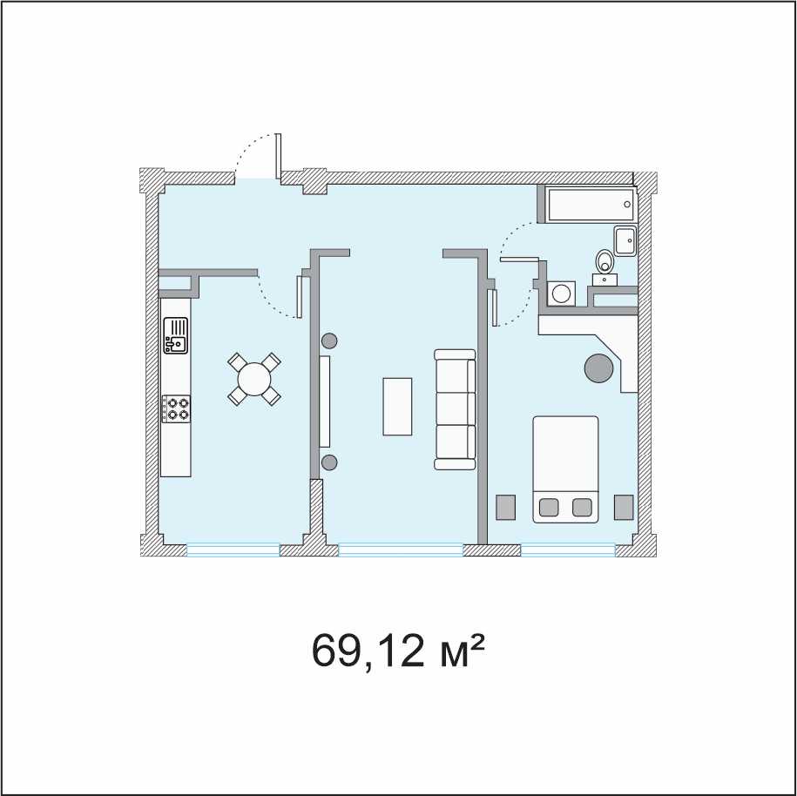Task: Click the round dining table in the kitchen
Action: click(254, 379)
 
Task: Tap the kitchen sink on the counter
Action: click(175, 335)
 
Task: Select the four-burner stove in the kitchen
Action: click(176, 408)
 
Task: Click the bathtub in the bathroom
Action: click(591, 205)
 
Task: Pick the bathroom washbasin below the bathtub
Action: click(625, 240)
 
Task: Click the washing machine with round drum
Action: click(562, 293)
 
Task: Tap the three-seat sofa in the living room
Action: click(455, 408)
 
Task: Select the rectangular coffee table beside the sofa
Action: click(397, 406)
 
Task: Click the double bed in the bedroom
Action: click(565, 469)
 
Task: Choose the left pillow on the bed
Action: click(549, 507)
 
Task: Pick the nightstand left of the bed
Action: click(505, 507)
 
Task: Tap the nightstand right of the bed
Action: click(624, 507)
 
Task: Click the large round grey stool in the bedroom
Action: click(599, 368)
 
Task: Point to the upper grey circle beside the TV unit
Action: click(329, 341)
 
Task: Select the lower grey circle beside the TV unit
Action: click(329, 462)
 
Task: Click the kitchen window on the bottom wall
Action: click(233, 550)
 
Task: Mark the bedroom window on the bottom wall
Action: click(568, 550)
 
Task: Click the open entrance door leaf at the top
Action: click(278, 156)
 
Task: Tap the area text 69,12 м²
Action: click(396, 651)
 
